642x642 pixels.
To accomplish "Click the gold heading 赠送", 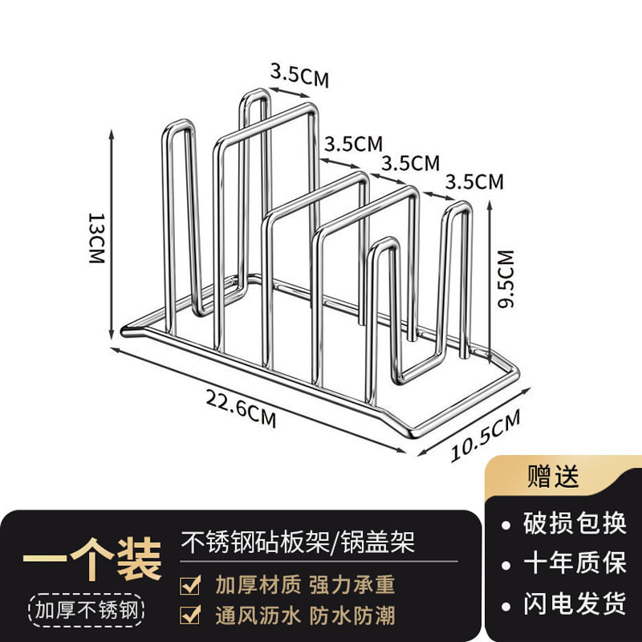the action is (552, 477).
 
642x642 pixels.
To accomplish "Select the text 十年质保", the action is (574, 563).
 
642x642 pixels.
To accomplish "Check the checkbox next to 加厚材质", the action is (190, 583).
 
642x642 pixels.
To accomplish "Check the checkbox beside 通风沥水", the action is (190, 615).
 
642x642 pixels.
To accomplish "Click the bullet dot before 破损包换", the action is (506, 526).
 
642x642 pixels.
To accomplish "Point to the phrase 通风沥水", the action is (258, 616).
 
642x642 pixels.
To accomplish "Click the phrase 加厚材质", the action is (258, 583).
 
